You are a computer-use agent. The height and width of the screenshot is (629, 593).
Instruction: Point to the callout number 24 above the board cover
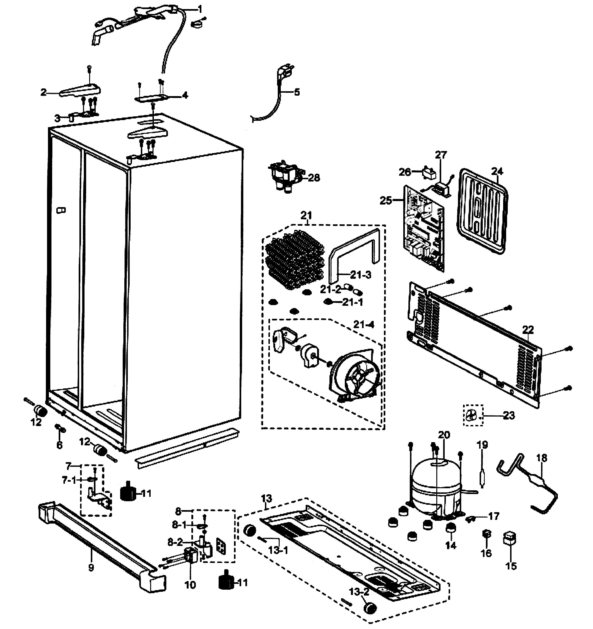497,171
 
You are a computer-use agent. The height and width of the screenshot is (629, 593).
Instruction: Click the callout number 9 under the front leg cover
91,568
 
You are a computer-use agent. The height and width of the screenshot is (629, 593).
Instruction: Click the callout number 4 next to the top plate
185,95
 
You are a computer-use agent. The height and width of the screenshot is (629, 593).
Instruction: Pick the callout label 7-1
69,480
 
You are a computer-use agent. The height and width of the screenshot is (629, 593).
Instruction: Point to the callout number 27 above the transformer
441,155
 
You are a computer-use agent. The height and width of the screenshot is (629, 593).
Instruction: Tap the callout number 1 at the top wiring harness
200,9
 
